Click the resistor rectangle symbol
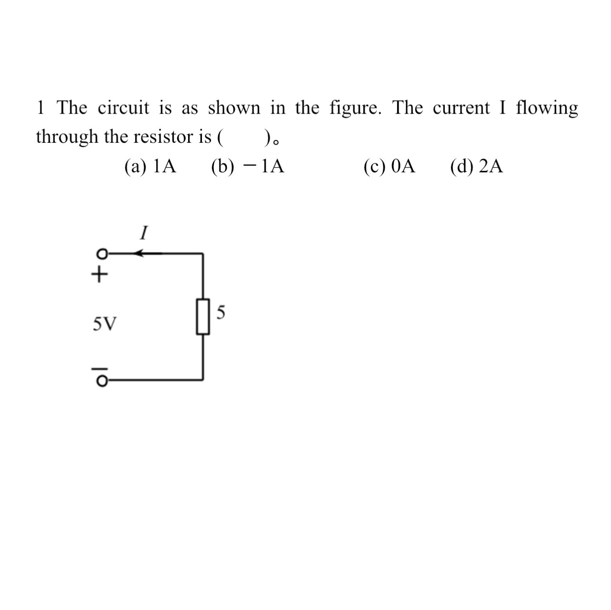click(x=203, y=316)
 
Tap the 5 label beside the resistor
click(x=221, y=313)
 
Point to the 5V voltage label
click(x=104, y=325)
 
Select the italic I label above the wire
click(x=143, y=233)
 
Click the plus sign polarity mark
click(x=99, y=274)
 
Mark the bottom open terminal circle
click(x=101, y=380)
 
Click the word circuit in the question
click(x=124, y=108)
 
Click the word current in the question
click(x=461, y=108)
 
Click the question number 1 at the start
click(x=41, y=108)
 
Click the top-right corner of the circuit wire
click(x=203, y=253)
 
